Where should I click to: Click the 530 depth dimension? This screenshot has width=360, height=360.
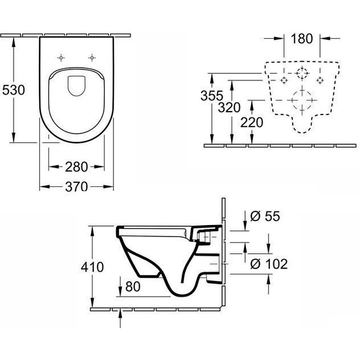tap(13, 90)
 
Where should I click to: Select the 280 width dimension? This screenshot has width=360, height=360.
tap(76, 167)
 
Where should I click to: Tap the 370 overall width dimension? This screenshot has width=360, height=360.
tap(76, 186)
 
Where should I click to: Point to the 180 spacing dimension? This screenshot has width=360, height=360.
tap(301, 39)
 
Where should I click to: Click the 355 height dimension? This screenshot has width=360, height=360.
tap(211, 95)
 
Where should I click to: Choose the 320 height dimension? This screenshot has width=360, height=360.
tap(229, 107)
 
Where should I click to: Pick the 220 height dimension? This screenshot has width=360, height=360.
tap(252, 122)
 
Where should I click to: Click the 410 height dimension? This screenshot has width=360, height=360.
tap(92, 267)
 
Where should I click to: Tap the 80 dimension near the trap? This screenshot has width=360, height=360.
tap(133, 287)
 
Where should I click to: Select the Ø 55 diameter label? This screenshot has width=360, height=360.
tap(265, 216)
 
